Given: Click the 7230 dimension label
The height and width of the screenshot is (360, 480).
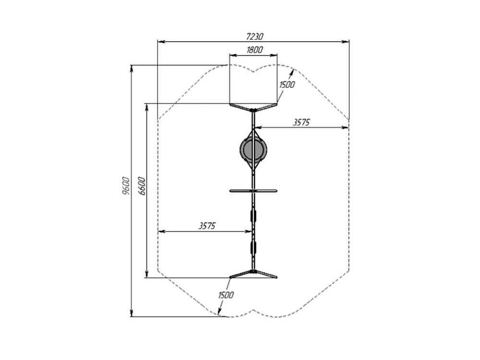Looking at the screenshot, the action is click(255, 37).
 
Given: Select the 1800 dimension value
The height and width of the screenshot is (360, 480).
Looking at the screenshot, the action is click(255, 50).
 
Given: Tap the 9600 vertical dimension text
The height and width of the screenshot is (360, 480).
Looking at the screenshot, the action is click(126, 185).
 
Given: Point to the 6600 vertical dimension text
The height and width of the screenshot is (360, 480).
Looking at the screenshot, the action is click(142, 185).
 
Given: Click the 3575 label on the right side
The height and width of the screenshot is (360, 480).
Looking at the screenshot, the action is click(301, 122).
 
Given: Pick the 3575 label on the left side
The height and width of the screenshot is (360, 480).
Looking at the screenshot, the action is click(207, 226).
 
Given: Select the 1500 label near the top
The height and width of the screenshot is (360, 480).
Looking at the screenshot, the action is click(287, 84).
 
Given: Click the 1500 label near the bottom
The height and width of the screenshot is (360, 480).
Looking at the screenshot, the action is click(226, 295).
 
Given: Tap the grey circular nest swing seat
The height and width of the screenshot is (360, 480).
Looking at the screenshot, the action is click(253, 150).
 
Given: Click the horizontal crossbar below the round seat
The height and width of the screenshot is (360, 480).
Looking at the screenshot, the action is click(253, 191).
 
